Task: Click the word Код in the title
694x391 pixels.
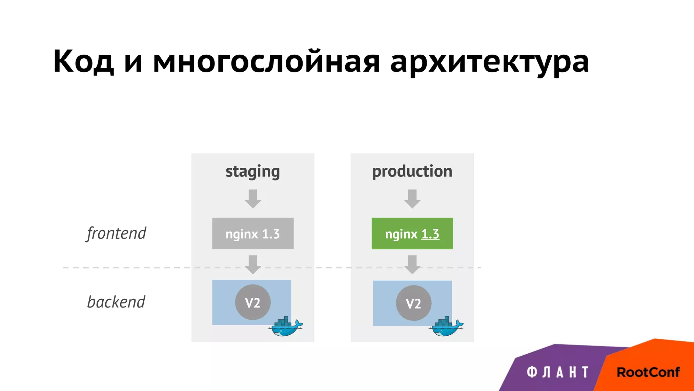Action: [83, 62]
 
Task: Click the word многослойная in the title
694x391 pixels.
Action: [266, 62]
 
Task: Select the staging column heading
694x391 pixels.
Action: [253, 172]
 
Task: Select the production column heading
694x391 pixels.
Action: [412, 172]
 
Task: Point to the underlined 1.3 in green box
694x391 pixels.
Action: [430, 234]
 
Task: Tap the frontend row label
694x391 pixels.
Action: [116, 234]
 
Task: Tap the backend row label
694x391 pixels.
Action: [116, 302]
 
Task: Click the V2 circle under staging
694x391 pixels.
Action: [253, 302]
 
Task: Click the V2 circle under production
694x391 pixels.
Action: [413, 303]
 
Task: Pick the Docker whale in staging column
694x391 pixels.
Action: [286, 327]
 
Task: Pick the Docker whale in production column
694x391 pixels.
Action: [446, 327]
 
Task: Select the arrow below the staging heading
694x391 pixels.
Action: [253, 199]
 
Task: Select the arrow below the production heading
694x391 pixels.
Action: [412, 199]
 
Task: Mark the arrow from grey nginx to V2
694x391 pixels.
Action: [253, 264]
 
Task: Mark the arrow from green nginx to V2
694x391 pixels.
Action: [412, 264]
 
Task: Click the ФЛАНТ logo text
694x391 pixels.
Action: [558, 372]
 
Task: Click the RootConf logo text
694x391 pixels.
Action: [648, 372]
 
